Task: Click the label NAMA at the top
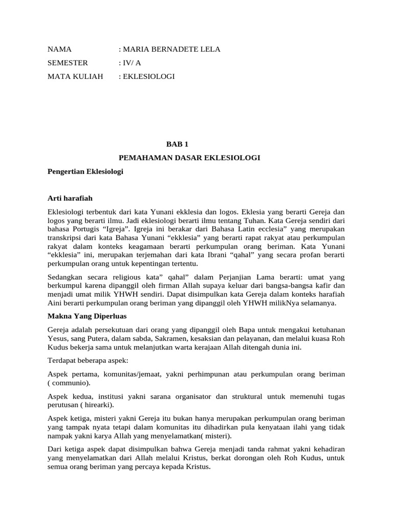pyautogui.click(x=59, y=49)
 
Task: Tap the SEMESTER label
pyautogui.click(x=68, y=63)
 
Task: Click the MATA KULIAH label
pyautogui.click(x=75, y=76)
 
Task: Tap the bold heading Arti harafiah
pyautogui.click(x=70, y=198)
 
